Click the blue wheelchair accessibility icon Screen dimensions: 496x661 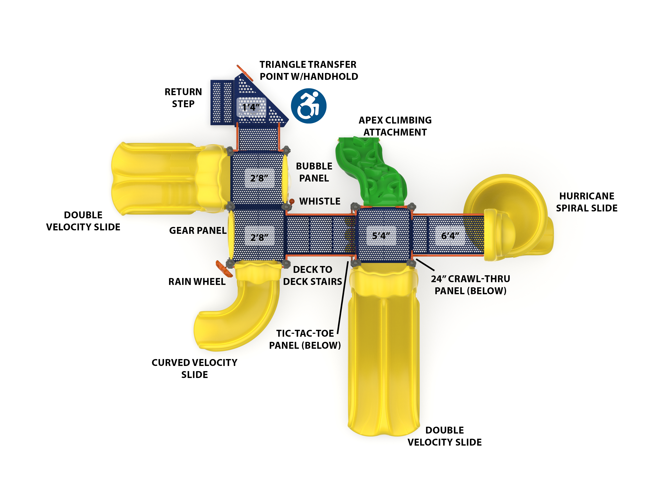308,106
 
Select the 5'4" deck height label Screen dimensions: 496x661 381,236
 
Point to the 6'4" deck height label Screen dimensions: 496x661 450,236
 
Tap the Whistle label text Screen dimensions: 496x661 320,201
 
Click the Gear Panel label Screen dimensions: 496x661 198,231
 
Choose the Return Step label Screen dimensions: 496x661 183,98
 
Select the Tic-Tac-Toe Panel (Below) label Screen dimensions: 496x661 305,339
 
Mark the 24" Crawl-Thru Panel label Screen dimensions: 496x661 470,285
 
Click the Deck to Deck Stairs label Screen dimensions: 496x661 313,275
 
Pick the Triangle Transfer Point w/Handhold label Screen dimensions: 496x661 308,71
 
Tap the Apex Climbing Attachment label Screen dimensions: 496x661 395,126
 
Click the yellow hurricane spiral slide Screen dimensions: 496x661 514,215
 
